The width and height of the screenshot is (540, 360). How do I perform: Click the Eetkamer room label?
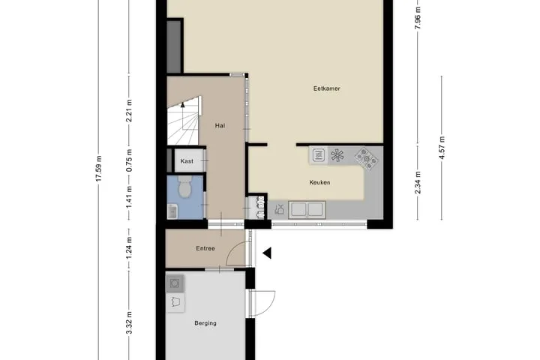click(x=326, y=88)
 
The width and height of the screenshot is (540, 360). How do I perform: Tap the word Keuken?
click(x=319, y=182)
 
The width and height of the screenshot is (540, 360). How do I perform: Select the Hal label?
click(x=220, y=126)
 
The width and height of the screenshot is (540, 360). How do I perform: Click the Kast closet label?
click(x=187, y=161)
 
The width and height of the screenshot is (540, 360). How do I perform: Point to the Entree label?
click(x=205, y=248)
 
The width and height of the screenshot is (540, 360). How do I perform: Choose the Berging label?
click(x=205, y=323)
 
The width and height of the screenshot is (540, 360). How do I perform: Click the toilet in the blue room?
click(x=185, y=186)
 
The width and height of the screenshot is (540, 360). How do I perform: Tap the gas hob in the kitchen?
click(x=367, y=158)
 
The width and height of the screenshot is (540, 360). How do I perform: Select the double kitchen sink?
click(x=307, y=209)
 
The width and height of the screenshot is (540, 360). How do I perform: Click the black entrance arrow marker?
click(x=267, y=253)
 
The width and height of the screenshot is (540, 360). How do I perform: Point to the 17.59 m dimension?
click(x=99, y=169)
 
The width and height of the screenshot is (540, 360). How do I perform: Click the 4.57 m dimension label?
click(x=442, y=148)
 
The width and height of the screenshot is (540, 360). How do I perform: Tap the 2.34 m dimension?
click(x=418, y=182)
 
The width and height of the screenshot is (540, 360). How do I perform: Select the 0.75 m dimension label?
click(x=129, y=160)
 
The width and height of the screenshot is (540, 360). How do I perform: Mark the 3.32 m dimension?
click(x=129, y=322)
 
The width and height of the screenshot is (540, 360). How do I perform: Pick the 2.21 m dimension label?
click(x=129, y=110)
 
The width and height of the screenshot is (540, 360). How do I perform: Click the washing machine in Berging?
click(x=175, y=283)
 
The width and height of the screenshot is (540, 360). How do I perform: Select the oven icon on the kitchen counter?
click(x=319, y=155)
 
